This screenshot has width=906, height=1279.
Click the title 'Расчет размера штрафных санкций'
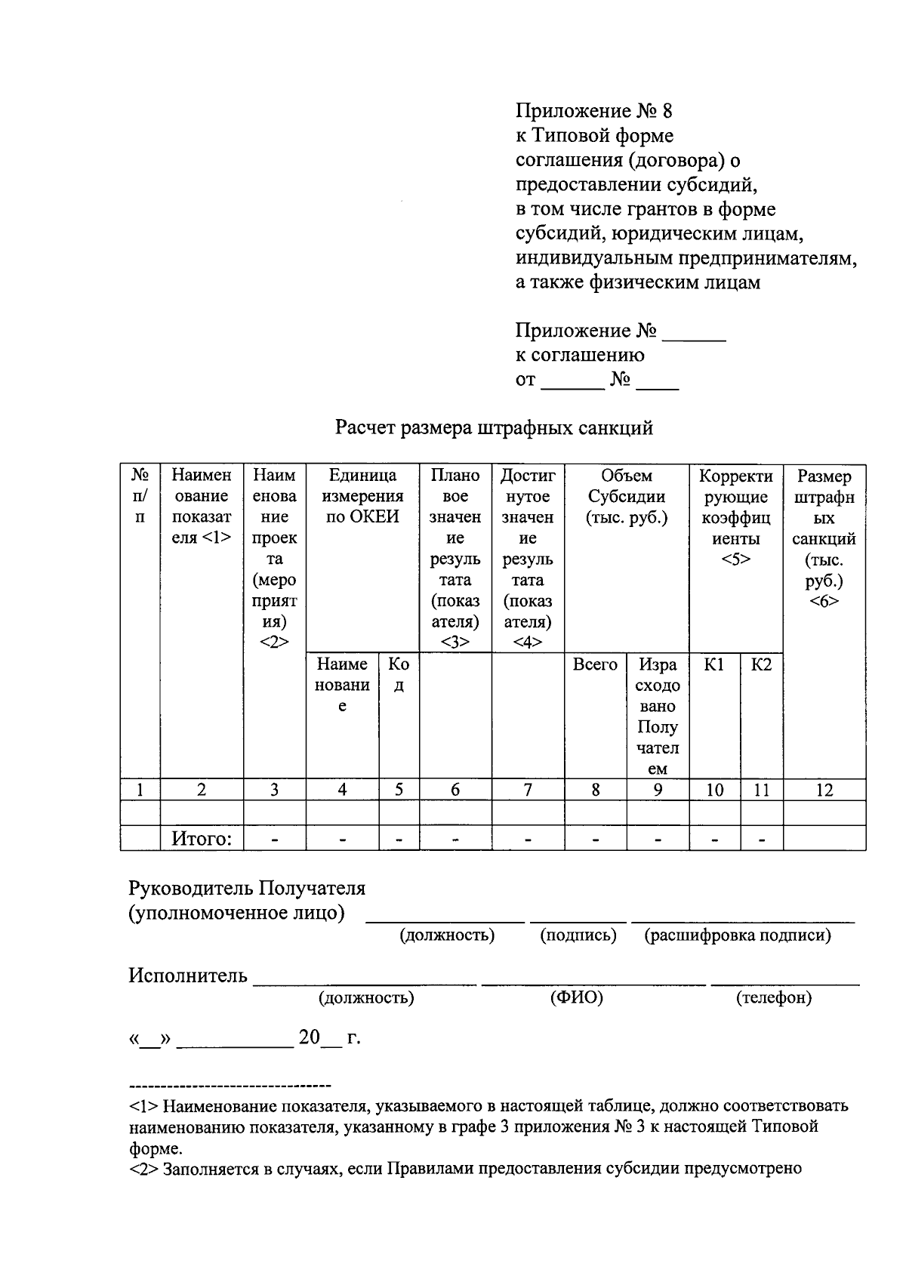494,428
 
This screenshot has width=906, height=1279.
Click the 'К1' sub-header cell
714,664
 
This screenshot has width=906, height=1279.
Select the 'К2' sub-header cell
761,664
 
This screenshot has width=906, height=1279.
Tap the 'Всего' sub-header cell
595,664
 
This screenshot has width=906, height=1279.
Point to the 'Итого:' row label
202,839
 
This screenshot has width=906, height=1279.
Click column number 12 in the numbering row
824,790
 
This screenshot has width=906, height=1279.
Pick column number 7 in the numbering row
528,790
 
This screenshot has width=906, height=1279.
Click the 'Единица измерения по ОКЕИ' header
362,496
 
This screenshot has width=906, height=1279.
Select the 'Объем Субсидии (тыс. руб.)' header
627,496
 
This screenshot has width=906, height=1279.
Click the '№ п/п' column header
140,496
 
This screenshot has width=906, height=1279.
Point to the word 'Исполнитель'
188,975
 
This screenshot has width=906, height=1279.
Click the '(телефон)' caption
774,997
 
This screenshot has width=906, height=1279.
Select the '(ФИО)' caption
577,997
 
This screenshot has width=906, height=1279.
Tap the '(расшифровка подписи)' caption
737,935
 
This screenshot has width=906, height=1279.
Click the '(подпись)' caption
578,935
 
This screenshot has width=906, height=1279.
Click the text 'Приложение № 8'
593,111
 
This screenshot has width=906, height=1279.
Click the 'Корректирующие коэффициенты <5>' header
736,517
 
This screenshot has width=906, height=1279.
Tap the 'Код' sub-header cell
399,674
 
